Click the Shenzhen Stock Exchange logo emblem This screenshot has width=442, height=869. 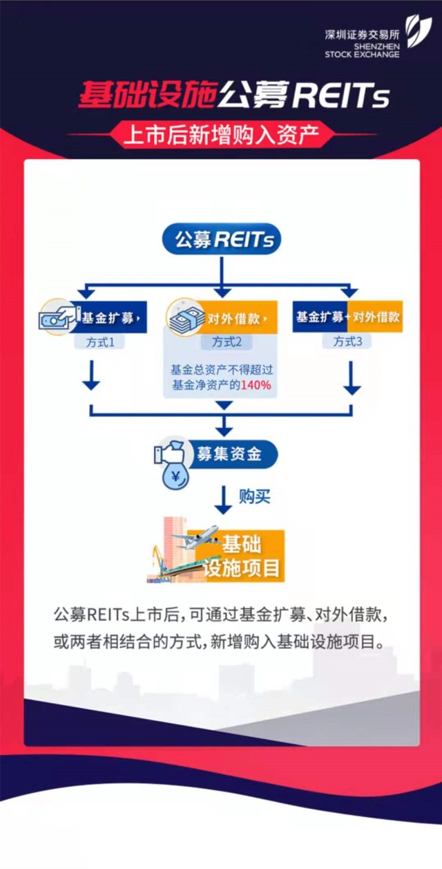419,32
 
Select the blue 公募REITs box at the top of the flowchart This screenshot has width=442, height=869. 221,240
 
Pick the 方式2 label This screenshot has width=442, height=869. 221,342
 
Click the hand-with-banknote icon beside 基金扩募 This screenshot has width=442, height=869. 59,317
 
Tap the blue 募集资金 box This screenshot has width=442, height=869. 228,455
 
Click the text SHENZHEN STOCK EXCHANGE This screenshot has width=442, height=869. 362,50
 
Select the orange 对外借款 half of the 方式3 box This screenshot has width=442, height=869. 375,317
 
